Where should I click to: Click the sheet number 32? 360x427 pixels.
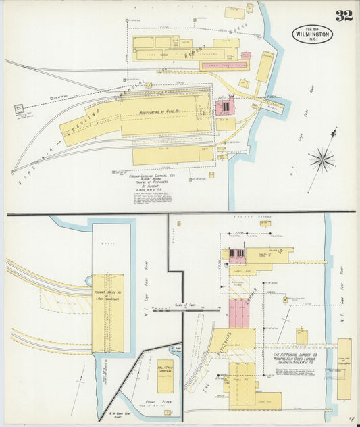(344, 15)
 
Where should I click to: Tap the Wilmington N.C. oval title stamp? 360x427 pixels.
(313, 33)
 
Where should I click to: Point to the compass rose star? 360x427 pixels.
(323, 160)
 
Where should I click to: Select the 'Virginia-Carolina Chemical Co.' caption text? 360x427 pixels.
(157, 176)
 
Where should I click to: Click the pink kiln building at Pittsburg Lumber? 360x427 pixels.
(238, 313)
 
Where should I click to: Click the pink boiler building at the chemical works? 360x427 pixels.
(224, 106)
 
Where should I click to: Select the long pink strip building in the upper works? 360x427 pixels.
(224, 66)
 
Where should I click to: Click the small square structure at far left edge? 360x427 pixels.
(18, 108)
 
